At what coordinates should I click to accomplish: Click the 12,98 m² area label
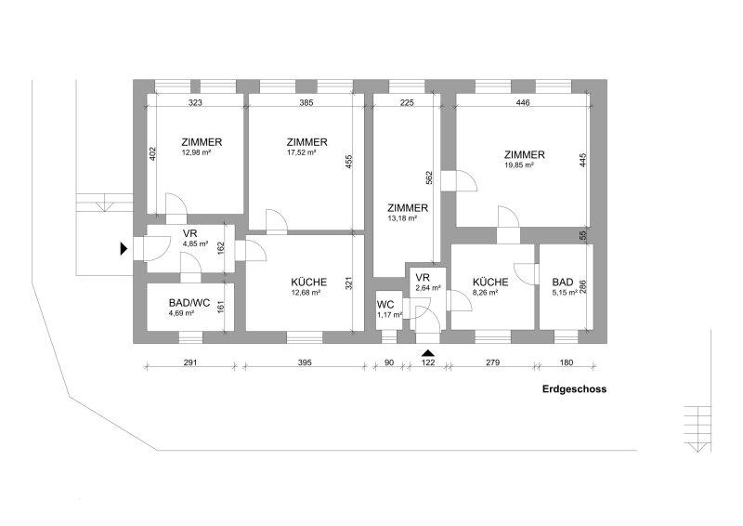point(196,152)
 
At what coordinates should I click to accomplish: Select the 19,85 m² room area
point(519,165)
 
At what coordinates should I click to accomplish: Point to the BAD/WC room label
point(189,303)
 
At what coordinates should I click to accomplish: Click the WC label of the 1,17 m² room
point(385,305)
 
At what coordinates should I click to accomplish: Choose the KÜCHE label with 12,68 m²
point(309,283)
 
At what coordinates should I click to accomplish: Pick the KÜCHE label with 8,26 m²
point(490,283)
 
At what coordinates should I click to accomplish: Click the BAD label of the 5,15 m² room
point(563,283)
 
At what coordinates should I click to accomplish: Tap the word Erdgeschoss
point(574,389)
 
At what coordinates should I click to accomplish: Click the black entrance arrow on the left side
point(124,249)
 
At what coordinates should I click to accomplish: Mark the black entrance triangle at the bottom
point(428,353)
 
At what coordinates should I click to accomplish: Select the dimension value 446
point(523,102)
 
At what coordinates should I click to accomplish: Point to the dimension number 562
point(429,178)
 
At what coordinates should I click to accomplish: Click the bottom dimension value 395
point(305,362)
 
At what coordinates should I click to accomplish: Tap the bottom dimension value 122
point(428,362)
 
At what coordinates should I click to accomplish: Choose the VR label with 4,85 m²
point(190,234)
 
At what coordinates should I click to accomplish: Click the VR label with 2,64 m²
point(423,278)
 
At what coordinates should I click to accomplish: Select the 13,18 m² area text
point(402,218)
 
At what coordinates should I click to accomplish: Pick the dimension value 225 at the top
point(407,102)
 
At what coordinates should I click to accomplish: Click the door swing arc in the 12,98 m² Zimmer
point(181,198)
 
